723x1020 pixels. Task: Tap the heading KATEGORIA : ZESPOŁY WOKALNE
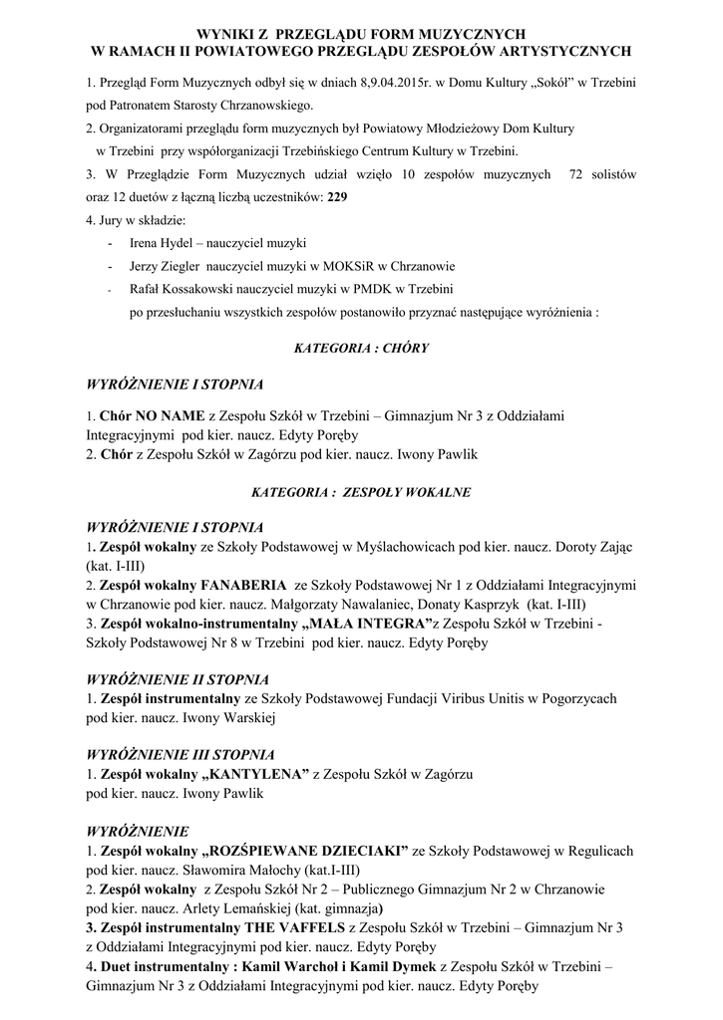[361, 492]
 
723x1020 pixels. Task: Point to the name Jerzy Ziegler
[166, 266]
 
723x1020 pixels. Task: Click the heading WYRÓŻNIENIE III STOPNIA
[181, 754]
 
